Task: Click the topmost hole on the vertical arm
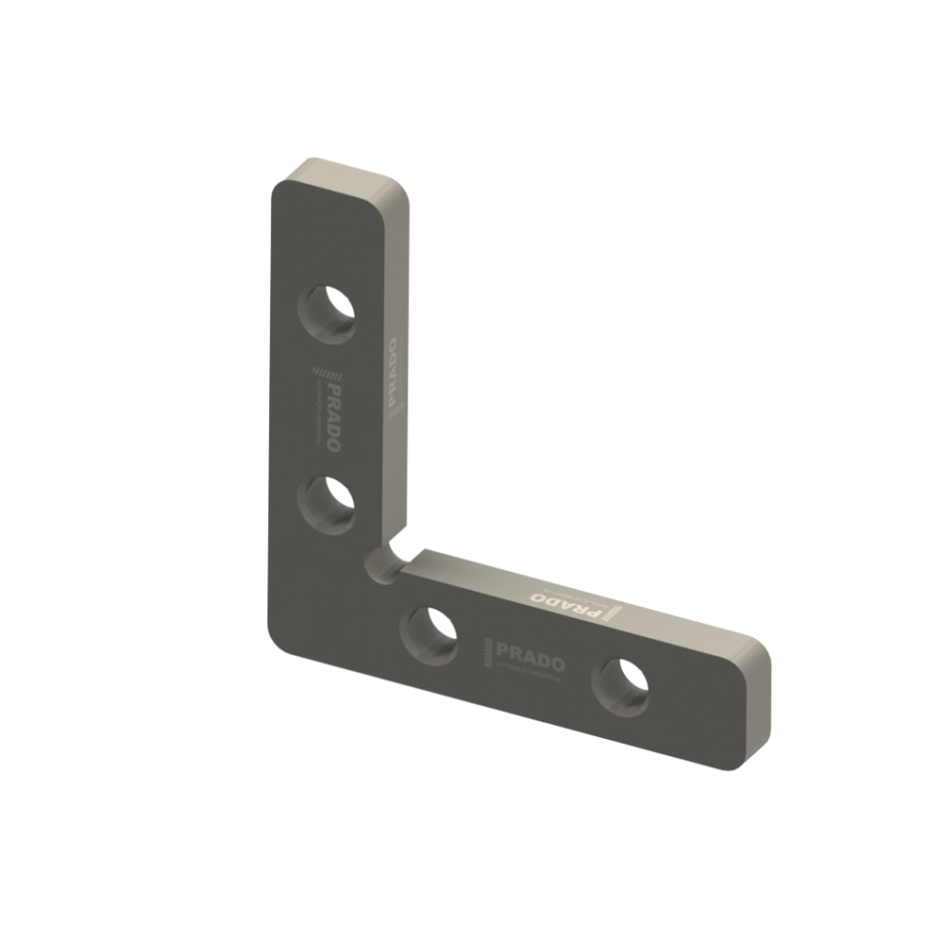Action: click(331, 313)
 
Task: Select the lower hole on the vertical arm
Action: click(330, 505)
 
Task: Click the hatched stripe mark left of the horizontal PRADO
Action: click(488, 652)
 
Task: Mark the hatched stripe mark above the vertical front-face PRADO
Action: click(325, 371)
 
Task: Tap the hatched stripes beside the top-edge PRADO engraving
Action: click(612, 613)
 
